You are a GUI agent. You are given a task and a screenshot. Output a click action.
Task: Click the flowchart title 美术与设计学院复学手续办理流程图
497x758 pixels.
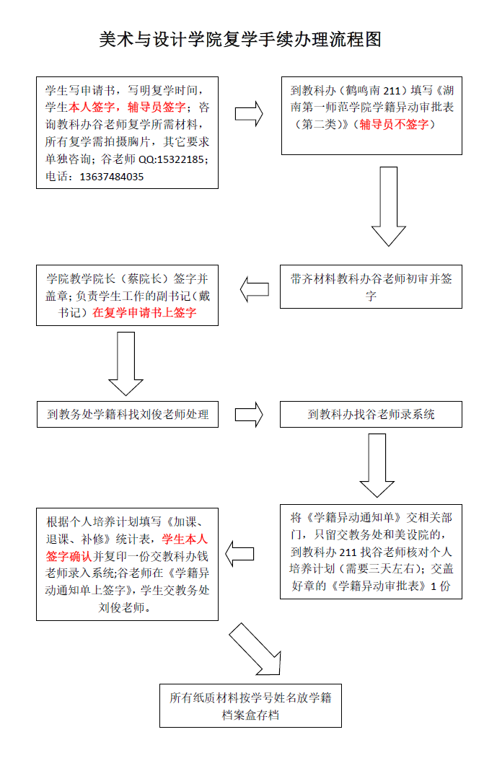click(240, 39)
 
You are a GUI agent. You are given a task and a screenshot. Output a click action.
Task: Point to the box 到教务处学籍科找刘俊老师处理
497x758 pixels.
click(128, 414)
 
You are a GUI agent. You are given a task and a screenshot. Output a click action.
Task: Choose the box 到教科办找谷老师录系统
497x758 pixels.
click(371, 414)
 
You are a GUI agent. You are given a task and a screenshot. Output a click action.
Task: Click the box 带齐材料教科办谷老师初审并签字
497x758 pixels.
click(371, 287)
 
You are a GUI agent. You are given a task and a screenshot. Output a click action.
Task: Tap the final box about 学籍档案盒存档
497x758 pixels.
click(250, 706)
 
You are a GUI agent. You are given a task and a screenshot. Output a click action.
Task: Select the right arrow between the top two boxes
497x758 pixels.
click(249, 113)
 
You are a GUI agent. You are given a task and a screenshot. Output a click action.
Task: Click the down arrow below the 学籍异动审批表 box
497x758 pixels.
click(389, 206)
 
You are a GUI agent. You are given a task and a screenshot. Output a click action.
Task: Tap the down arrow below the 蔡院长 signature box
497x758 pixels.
click(126, 364)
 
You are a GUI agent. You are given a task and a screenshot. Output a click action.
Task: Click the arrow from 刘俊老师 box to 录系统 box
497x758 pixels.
click(249, 414)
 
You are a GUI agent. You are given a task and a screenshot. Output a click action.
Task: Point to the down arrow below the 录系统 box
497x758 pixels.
click(377, 465)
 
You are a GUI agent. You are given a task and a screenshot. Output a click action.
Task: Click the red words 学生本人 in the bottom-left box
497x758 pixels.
click(184, 539)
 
